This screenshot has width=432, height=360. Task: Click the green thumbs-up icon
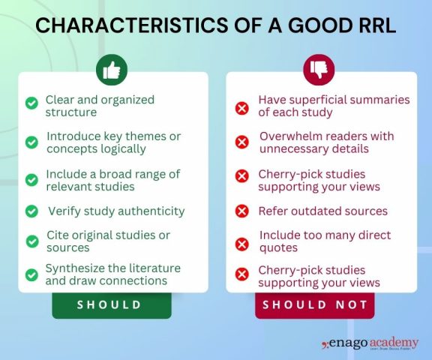pyautogui.click(x=112, y=70)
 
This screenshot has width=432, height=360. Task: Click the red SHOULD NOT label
pyautogui.click(x=315, y=304)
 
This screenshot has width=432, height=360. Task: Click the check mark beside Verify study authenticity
pyautogui.click(x=31, y=211)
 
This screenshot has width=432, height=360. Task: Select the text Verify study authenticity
pyautogui.click(x=115, y=211)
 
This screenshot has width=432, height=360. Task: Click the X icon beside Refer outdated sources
pyautogui.click(x=242, y=211)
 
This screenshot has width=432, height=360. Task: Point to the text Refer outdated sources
pyautogui.click(x=322, y=211)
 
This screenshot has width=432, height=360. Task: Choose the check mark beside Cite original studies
pyautogui.click(x=31, y=241)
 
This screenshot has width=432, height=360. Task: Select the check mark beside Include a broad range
pyautogui.click(x=31, y=179)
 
